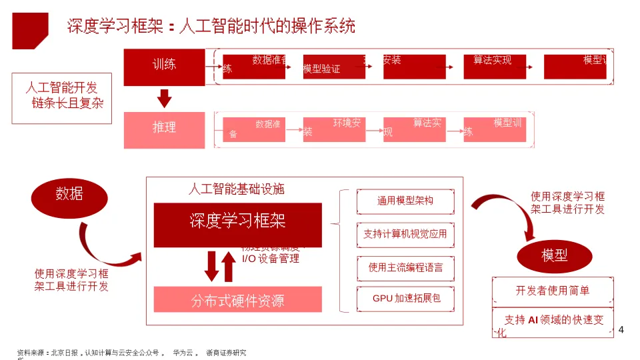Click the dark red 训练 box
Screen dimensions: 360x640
coord(164,67)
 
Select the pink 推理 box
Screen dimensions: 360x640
coord(164,129)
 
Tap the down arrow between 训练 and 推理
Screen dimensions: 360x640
coord(164,99)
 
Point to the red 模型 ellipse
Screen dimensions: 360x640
coord(555,256)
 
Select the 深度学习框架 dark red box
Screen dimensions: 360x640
coord(238,224)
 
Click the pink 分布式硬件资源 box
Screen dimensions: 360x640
coord(238,300)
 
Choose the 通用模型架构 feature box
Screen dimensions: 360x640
coord(405,201)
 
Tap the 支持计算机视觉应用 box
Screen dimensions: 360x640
coord(405,234)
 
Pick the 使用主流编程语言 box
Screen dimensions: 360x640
coord(405,267)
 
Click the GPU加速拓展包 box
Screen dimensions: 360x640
coord(405,299)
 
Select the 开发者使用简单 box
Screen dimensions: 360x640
coord(552,291)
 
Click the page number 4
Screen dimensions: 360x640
coord(621,330)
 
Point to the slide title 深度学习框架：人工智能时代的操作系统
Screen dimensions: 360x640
coord(211,27)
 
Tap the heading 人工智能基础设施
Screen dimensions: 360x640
coord(236,189)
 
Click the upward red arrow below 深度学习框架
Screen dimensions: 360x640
coord(229,266)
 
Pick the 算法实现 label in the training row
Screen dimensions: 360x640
coord(492,61)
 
